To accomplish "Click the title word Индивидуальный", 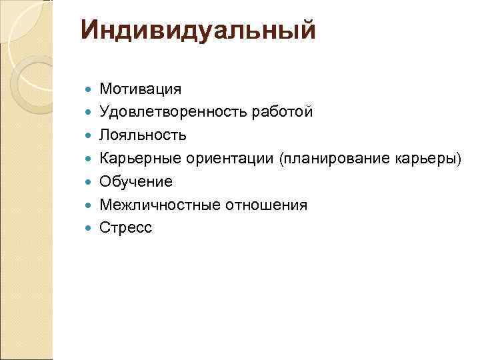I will coord(197,31).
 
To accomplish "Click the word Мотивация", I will coord(140,89).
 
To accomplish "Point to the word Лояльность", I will coord(143,135).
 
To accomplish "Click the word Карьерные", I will coord(140,158).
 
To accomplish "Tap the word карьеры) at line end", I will coord(430,158).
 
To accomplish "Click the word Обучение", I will coord(136,181).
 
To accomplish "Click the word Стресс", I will coord(126,228).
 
